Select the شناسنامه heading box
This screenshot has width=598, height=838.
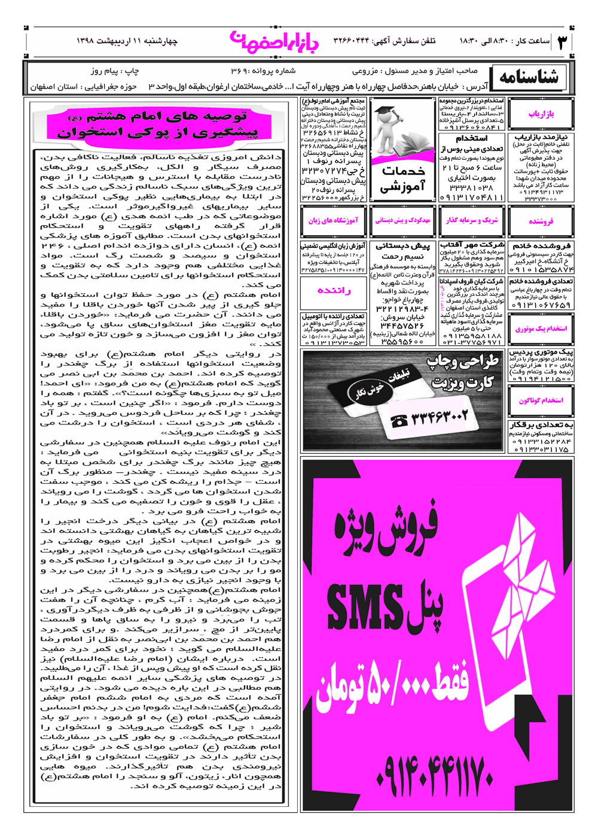(529, 77)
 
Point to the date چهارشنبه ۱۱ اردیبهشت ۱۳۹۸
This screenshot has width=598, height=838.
(127, 41)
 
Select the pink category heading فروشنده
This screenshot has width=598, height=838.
(541, 221)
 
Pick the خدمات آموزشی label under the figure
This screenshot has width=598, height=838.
(402, 179)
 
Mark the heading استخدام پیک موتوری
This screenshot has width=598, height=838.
(541, 329)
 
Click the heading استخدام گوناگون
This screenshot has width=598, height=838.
(541, 400)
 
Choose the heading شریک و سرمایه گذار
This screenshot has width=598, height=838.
(472, 220)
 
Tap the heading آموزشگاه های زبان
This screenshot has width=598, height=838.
(333, 220)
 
